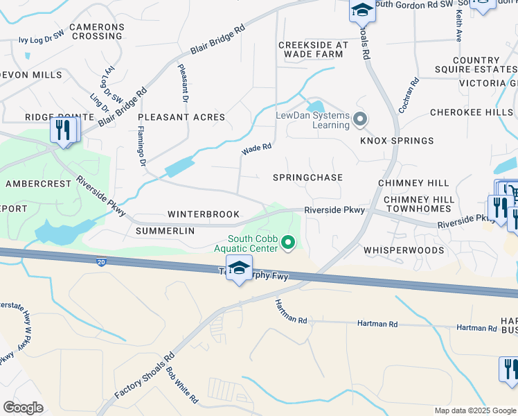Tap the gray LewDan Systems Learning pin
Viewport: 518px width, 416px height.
[x=359, y=120]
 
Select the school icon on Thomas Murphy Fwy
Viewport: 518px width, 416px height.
[x=239, y=269]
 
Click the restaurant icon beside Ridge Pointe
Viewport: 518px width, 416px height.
[x=63, y=130]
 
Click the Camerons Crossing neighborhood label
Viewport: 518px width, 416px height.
[x=96, y=31]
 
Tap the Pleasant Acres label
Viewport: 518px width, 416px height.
[x=181, y=117]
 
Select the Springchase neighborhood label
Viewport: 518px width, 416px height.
[x=307, y=177]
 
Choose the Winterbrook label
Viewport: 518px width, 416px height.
[x=204, y=214]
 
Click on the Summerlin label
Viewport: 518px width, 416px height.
[x=166, y=230]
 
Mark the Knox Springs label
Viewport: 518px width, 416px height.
[x=397, y=141]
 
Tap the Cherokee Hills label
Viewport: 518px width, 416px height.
[x=471, y=112]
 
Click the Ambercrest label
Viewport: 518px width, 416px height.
[x=38, y=184]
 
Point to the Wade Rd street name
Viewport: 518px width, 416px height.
[x=256, y=148]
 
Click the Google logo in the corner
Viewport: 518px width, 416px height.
[x=23, y=407]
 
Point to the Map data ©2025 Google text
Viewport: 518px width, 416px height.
[x=474, y=410]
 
